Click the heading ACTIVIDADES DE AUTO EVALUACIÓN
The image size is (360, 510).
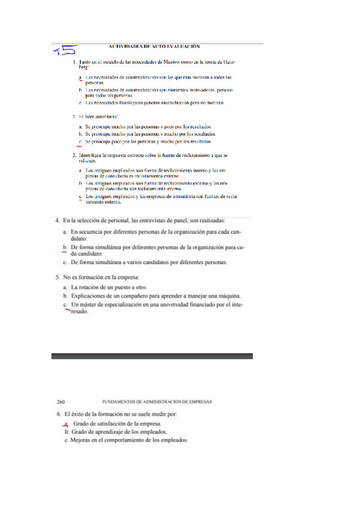coord(154,46)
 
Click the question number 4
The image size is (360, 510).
coord(57,221)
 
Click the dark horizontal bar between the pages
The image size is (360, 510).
coord(151,356)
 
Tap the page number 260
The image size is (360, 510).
coord(60,402)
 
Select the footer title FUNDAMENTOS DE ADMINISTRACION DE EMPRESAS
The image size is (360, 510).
coord(157,402)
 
